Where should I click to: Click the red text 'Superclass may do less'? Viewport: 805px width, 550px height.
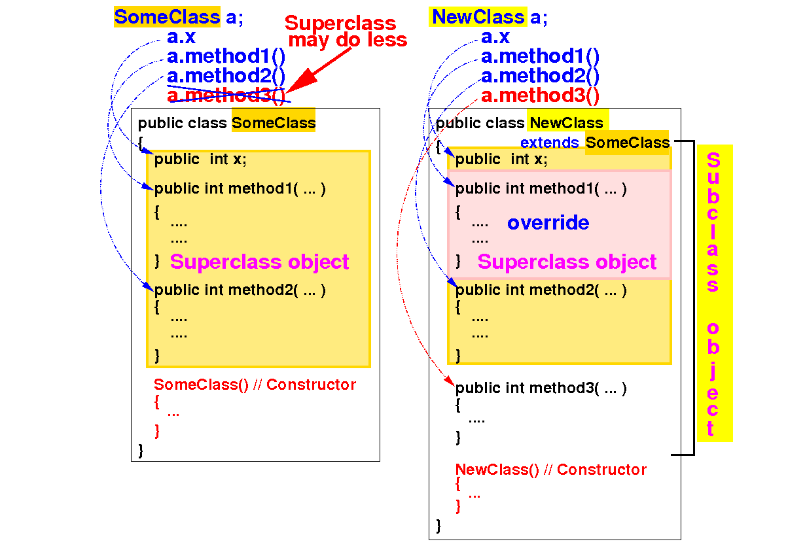pos(345,31)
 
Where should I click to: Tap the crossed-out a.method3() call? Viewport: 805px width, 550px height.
pos(226,95)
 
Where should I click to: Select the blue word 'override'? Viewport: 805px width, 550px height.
pos(548,223)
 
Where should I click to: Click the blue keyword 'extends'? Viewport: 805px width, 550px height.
pos(549,143)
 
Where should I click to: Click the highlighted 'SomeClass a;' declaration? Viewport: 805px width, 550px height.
pos(178,17)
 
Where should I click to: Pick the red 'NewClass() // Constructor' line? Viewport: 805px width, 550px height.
pos(550,470)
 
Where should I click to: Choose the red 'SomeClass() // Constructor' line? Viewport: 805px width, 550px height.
pos(255,385)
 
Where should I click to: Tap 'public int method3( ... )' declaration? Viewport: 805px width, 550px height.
pos(541,388)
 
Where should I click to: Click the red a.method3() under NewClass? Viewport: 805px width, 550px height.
pos(540,95)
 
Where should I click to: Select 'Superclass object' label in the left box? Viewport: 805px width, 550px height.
pos(259,262)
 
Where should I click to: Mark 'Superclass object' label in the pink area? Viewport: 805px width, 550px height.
pos(567,262)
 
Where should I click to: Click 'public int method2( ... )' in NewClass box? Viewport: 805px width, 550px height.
pos(541,290)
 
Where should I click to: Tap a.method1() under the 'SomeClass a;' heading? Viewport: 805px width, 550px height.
pos(226,56)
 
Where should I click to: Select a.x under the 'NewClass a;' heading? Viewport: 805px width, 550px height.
pos(495,37)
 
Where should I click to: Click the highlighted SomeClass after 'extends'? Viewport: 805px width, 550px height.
pos(627,143)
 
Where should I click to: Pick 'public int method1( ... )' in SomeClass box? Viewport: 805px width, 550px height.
pos(240,189)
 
